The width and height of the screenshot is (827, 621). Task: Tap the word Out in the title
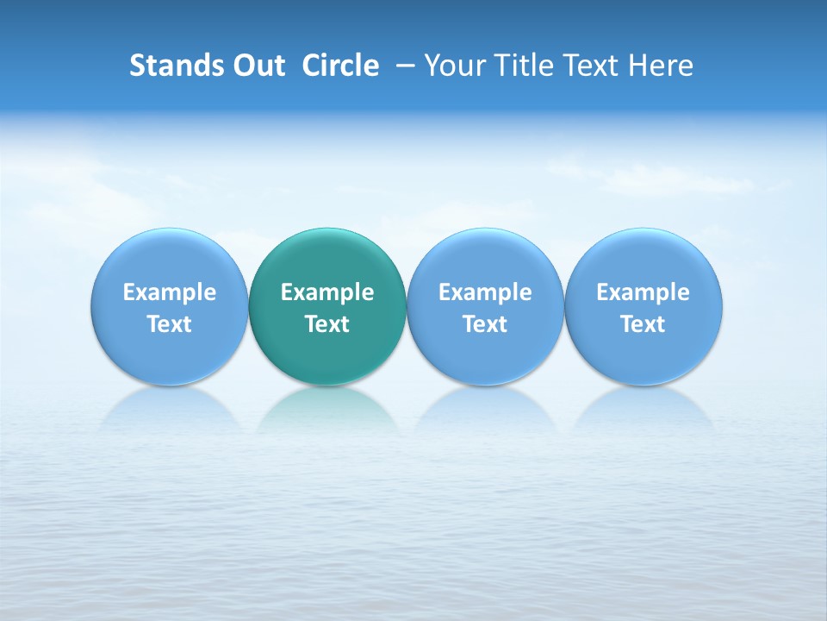257,66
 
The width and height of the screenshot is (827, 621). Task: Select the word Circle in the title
340,66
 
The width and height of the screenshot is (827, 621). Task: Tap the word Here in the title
661,66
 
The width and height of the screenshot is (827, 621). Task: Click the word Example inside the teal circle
327,292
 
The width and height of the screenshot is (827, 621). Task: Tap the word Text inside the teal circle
327,324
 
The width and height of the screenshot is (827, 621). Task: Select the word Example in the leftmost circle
170,292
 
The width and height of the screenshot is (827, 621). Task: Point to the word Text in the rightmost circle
644,324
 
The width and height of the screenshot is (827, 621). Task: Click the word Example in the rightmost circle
644,292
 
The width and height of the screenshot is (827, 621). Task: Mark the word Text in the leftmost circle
170,324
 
